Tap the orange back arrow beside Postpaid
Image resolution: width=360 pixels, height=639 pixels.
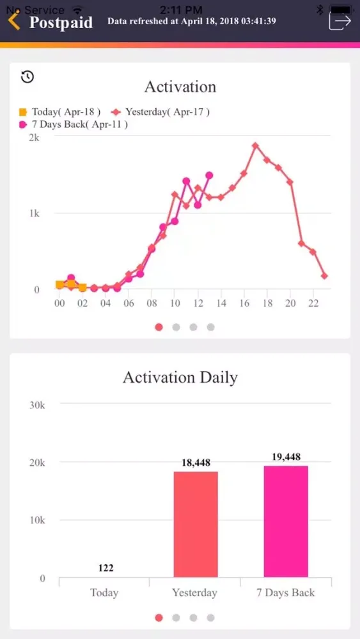pos(14,21)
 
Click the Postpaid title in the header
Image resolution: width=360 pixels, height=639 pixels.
pos(61,22)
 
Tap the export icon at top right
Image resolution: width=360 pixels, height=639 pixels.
pos(340,21)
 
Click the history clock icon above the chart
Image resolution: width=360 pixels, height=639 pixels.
pos(27,77)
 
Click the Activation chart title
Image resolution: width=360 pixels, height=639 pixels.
pos(180,86)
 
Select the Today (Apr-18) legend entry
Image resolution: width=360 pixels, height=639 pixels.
pos(61,112)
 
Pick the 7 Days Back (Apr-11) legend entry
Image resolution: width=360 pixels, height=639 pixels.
pos(74,125)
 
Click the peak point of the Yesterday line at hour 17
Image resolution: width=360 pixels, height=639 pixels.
pos(255,146)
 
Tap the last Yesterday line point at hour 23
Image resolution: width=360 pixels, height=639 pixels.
pos(325,276)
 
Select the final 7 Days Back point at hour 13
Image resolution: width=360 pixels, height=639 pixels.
pos(209,175)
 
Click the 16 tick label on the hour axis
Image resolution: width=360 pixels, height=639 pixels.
pos(244,304)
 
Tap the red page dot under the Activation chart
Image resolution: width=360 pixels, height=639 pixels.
pos(159,327)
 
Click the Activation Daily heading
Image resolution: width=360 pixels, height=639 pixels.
pos(180,377)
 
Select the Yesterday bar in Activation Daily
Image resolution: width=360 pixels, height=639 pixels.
pos(195,524)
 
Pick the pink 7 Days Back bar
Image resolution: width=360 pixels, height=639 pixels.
pos(286,521)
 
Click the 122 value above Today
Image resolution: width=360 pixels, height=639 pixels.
pos(106,567)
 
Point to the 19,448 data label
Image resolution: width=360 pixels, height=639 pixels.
pos(286,456)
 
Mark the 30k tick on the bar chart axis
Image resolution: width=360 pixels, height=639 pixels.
pos(34,404)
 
